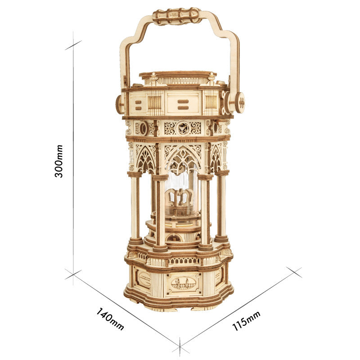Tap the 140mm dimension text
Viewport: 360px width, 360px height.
click(110, 319)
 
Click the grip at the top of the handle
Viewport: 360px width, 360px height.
click(177, 15)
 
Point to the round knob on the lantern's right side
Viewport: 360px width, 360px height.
click(239, 102)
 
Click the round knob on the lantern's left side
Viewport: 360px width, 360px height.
click(120, 104)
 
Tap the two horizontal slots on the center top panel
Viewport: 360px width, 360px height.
click(182, 104)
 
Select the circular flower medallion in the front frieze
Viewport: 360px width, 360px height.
click(182, 128)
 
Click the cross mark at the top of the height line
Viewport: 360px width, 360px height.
click(73, 45)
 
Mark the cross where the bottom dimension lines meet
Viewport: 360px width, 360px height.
click(180, 346)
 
